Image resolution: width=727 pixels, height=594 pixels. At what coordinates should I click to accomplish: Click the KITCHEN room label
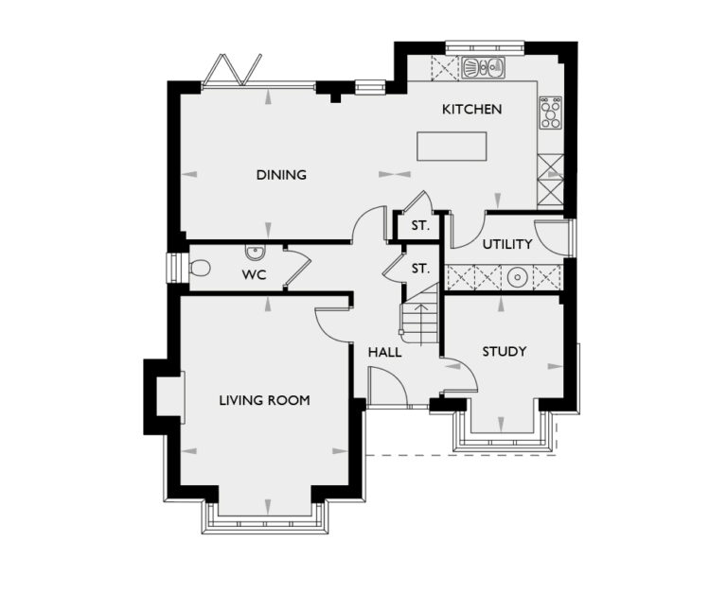471,110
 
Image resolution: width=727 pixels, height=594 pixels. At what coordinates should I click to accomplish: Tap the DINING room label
281,175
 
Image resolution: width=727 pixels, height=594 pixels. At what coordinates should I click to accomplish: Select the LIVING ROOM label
264,400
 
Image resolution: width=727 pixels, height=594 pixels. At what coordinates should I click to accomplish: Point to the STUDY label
504,352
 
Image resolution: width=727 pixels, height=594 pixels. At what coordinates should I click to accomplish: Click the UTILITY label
507,244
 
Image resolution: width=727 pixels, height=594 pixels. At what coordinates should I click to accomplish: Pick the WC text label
253,275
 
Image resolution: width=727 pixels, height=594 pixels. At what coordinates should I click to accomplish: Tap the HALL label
385,352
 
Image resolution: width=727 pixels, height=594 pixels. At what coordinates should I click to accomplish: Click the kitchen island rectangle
452,147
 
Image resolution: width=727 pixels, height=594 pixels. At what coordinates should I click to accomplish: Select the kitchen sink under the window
483,67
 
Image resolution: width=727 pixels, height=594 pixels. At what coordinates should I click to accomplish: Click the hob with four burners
550,113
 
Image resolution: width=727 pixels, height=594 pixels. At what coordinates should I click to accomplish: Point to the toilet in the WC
197,269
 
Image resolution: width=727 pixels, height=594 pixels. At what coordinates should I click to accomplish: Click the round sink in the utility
517,277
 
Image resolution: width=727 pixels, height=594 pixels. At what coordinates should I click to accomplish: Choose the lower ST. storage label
419,270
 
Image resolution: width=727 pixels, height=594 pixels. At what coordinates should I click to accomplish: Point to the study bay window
501,437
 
